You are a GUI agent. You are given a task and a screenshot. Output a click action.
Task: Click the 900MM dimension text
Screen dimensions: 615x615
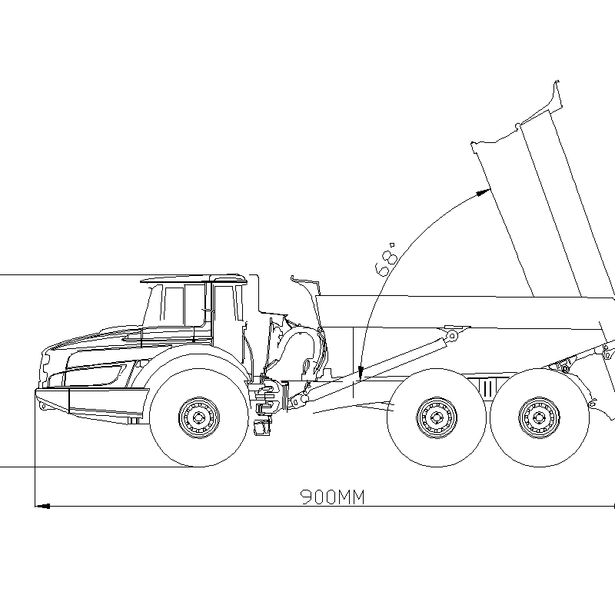[x=333, y=497]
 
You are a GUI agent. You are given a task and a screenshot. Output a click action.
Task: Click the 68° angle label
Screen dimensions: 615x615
[x=387, y=259]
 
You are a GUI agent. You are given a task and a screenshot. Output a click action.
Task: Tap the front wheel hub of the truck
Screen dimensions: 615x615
[x=199, y=417]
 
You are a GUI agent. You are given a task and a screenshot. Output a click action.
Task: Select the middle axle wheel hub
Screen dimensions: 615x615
[x=437, y=417]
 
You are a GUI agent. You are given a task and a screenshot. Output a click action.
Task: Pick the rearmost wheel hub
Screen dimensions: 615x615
[x=539, y=417]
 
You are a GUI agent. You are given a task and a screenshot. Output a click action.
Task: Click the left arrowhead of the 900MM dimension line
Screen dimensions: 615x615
[x=42, y=506]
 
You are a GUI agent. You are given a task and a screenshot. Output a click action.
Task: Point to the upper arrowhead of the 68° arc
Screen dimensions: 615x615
[x=484, y=192]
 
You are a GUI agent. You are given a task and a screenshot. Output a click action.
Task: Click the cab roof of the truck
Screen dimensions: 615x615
[x=194, y=278]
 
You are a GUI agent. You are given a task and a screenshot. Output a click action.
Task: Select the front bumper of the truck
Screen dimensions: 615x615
[x=92, y=404]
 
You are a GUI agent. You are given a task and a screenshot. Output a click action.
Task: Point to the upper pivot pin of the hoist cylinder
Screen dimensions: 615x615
[x=452, y=336]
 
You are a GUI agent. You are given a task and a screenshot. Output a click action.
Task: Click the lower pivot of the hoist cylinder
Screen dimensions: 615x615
[x=304, y=399]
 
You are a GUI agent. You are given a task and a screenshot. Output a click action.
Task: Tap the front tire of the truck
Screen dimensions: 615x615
[x=199, y=417]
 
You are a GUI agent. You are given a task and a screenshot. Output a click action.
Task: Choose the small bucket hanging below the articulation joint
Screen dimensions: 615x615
[x=261, y=427]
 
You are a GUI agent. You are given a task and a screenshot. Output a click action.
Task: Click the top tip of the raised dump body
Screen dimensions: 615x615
[x=557, y=81]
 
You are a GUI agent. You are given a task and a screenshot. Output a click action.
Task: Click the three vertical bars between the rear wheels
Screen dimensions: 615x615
[x=487, y=388]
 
